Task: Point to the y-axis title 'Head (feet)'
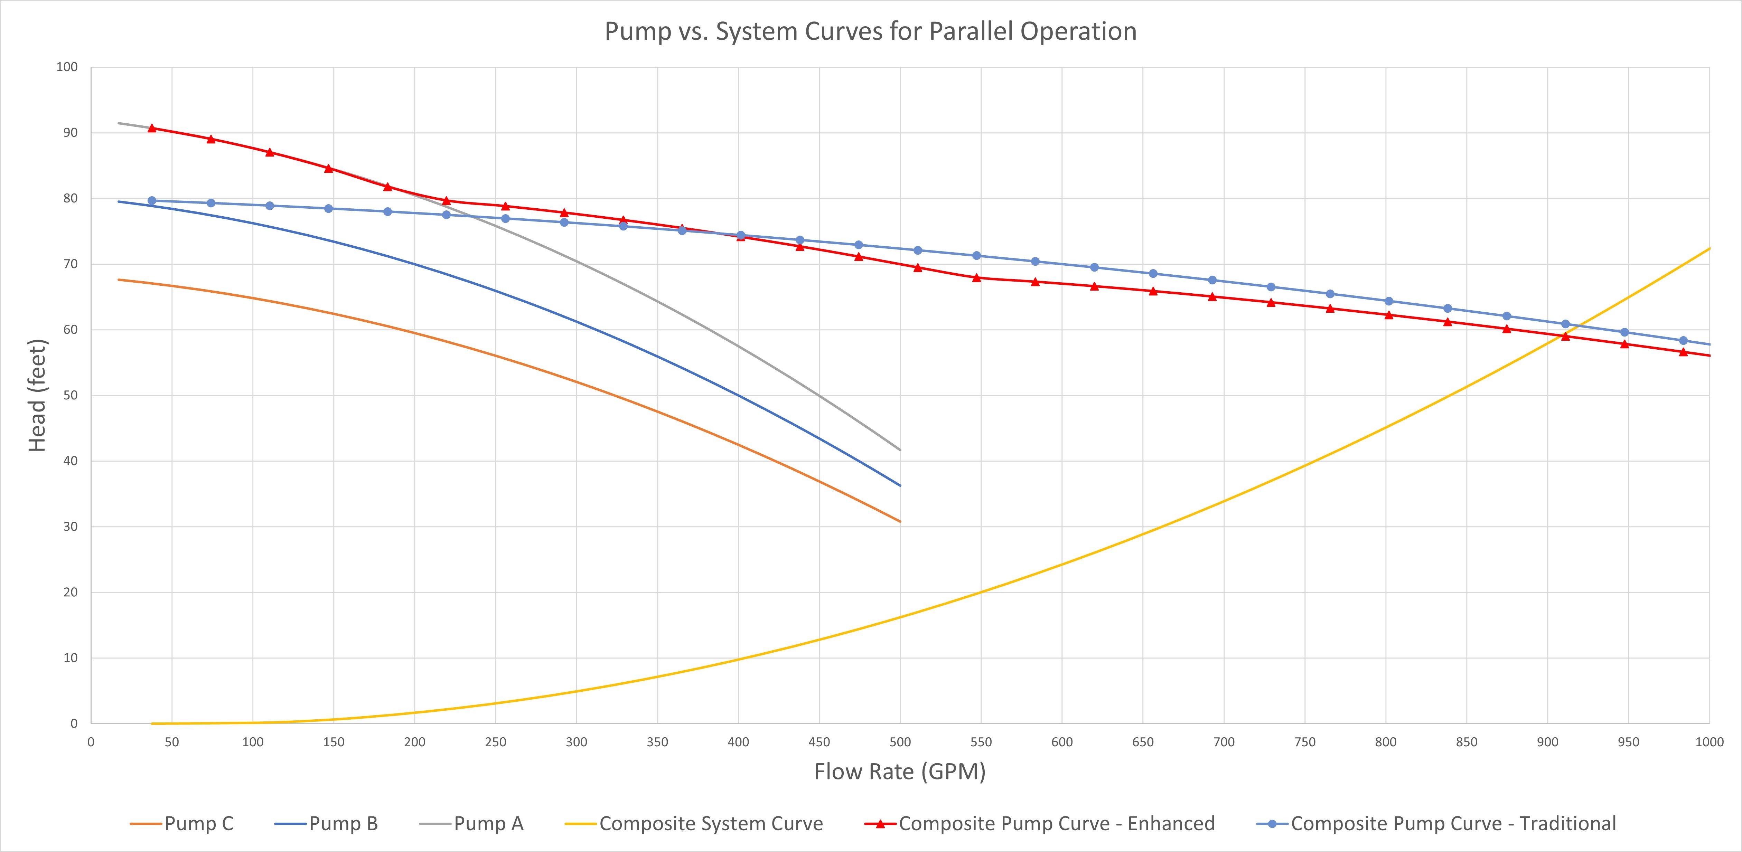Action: click(37, 396)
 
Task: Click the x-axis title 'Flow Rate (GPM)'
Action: click(899, 771)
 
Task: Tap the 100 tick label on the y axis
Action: click(67, 67)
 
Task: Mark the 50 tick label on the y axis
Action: click(70, 396)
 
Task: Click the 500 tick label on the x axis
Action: click(900, 742)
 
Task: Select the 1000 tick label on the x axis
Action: click(1709, 742)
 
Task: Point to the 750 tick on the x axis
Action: click(1304, 742)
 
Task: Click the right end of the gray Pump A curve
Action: click(900, 450)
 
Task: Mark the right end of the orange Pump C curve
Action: click(900, 521)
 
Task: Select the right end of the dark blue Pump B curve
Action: click(900, 485)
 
